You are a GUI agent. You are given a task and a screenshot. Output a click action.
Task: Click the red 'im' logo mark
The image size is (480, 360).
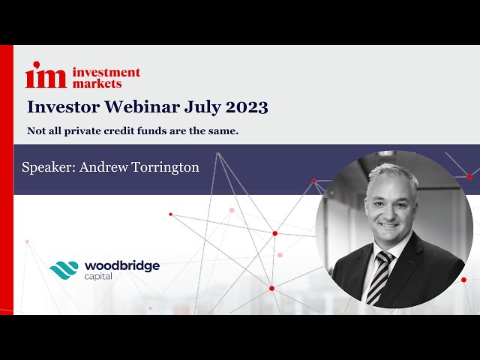tap(46, 75)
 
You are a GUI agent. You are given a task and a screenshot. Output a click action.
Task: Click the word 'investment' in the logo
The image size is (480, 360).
tap(106, 72)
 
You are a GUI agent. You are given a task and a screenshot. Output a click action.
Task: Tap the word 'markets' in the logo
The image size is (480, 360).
tap(97, 83)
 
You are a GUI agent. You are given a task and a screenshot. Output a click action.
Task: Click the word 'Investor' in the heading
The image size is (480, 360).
tap(64, 106)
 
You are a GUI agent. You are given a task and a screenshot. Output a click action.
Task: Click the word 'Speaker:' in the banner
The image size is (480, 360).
tap(49, 167)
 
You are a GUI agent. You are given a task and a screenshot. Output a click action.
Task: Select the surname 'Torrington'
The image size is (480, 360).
tap(165, 167)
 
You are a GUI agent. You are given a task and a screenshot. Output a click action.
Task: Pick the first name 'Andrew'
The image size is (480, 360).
tap(103, 167)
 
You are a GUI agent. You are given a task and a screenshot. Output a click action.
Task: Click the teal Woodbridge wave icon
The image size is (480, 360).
tap(64, 270)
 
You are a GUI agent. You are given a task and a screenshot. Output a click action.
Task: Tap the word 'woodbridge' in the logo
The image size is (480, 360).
tap(122, 265)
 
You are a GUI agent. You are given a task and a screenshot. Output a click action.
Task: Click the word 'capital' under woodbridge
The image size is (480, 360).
tap(98, 277)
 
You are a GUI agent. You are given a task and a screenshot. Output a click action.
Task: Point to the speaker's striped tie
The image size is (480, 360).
tap(380, 277)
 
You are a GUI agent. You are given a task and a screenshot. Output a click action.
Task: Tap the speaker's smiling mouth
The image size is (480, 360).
tap(388, 225)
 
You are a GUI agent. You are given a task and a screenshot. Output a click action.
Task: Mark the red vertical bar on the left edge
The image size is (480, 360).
tap(7, 180)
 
